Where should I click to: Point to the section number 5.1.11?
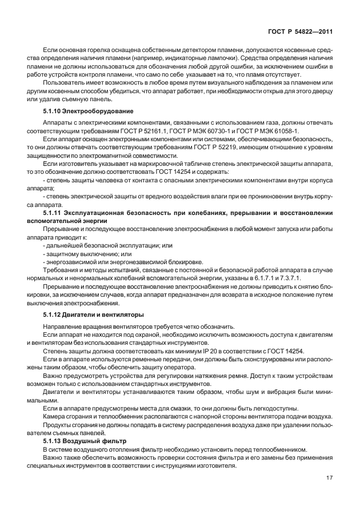[53, 213]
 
